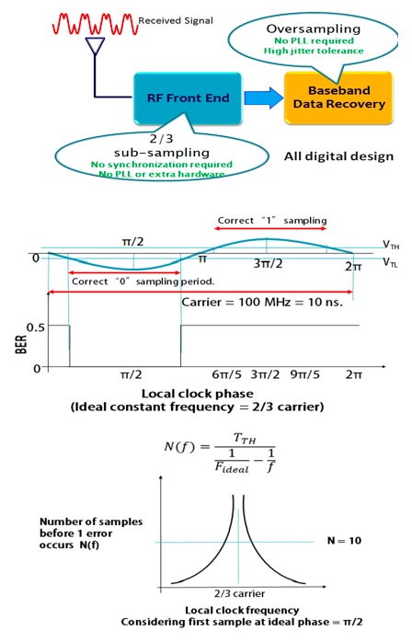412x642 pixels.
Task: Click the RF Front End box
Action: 188,98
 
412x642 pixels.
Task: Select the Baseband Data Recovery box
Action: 338,97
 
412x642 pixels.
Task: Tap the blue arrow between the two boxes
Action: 264,98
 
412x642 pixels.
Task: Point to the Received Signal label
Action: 176,20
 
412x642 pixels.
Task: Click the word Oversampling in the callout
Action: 314,29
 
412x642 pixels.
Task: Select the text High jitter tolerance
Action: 314,51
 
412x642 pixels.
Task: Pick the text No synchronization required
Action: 161,165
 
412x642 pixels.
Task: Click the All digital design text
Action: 338,156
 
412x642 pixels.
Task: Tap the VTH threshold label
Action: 391,245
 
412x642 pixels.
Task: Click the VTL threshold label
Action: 390,261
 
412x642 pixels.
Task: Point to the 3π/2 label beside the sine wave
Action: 268,263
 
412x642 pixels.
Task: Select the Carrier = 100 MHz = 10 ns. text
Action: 262,303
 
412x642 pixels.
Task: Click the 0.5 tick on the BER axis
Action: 35,327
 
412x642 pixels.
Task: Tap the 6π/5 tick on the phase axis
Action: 226,374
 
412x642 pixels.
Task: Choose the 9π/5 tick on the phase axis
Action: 305,374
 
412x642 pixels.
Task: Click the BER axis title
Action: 21,344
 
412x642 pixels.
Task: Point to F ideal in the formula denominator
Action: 232,467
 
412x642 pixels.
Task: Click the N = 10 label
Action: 344,541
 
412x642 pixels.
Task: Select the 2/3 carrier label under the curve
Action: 240,593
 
